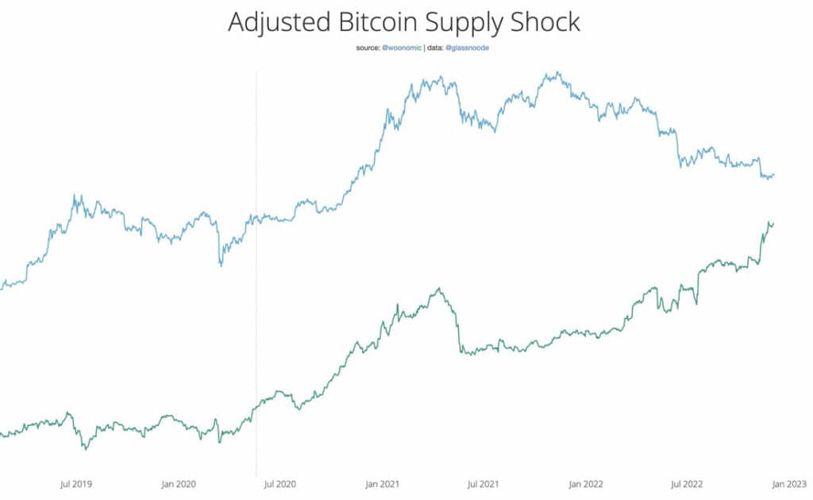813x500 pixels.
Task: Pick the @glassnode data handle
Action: [x=468, y=48]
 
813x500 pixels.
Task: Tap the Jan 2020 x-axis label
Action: [x=179, y=483]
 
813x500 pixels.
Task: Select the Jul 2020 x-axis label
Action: [x=279, y=483]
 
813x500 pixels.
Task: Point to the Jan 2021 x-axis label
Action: [x=382, y=483]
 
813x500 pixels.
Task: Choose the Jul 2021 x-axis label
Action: [x=483, y=483]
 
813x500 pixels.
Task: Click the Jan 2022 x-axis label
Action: [x=586, y=483]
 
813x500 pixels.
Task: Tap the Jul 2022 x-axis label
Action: [x=687, y=483]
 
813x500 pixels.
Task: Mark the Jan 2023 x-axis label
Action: [x=789, y=483]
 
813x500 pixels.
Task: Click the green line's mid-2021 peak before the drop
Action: [x=438, y=289]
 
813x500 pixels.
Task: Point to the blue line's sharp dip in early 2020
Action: [x=221, y=265]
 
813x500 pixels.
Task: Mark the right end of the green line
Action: [x=773, y=223]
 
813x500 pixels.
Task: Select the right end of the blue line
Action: [x=774, y=174]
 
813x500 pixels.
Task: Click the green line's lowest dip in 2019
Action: [x=86, y=449]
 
